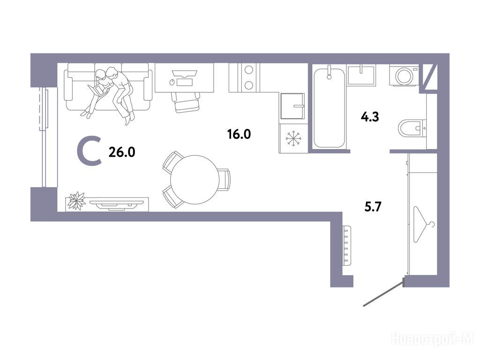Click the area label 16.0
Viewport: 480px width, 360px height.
tap(239, 134)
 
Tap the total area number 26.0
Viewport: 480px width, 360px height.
tap(122, 152)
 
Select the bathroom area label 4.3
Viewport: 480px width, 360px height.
tap(370, 117)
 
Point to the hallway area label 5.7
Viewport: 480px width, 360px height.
tap(373, 207)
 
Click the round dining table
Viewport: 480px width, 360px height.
tap(195, 180)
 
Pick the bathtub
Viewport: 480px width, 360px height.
tap(329, 108)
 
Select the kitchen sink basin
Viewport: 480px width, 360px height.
tap(292, 106)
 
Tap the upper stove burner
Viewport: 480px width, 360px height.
tap(249, 70)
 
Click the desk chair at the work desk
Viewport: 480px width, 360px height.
tap(186, 102)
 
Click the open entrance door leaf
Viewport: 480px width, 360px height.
tap(383, 293)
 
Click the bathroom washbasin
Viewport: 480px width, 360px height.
tap(361, 75)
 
